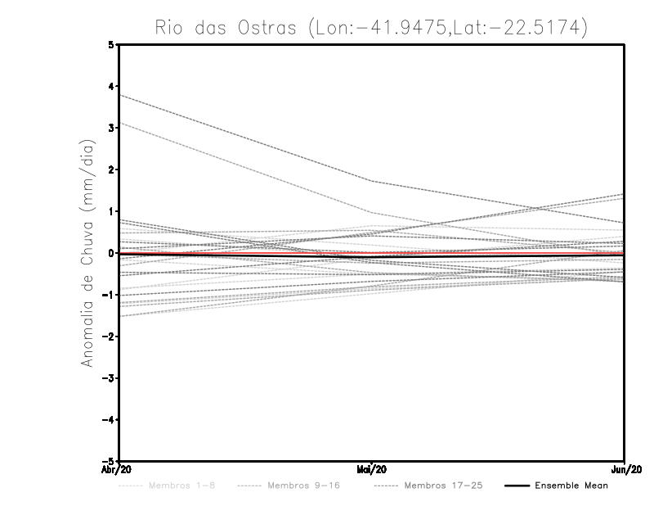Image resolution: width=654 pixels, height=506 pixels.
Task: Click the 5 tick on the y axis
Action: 112,44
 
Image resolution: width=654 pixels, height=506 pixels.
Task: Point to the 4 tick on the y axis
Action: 112,86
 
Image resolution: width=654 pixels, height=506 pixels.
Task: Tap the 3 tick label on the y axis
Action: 112,128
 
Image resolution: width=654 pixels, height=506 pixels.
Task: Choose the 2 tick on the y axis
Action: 112,169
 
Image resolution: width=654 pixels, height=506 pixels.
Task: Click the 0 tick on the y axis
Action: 112,253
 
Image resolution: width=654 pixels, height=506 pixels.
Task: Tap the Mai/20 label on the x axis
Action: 372,470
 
